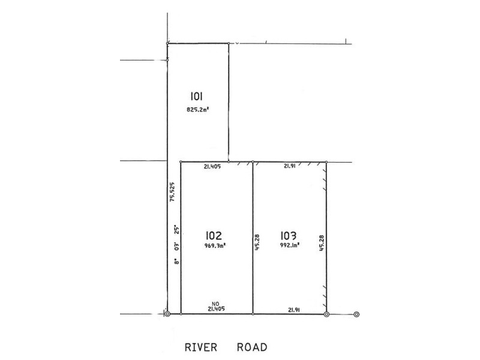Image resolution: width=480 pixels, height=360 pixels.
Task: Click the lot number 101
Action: tap(199, 97)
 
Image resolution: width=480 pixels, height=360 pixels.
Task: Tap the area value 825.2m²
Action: tap(199, 109)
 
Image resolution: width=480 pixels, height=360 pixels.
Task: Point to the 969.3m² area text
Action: tap(215, 245)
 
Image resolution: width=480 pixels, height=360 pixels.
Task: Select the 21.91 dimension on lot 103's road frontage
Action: tap(294, 309)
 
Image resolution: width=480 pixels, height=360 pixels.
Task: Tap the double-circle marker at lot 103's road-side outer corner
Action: tap(326, 313)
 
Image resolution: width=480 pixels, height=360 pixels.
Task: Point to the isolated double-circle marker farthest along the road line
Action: tap(356, 313)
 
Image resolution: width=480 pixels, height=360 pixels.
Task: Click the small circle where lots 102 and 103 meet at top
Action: tap(253, 162)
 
